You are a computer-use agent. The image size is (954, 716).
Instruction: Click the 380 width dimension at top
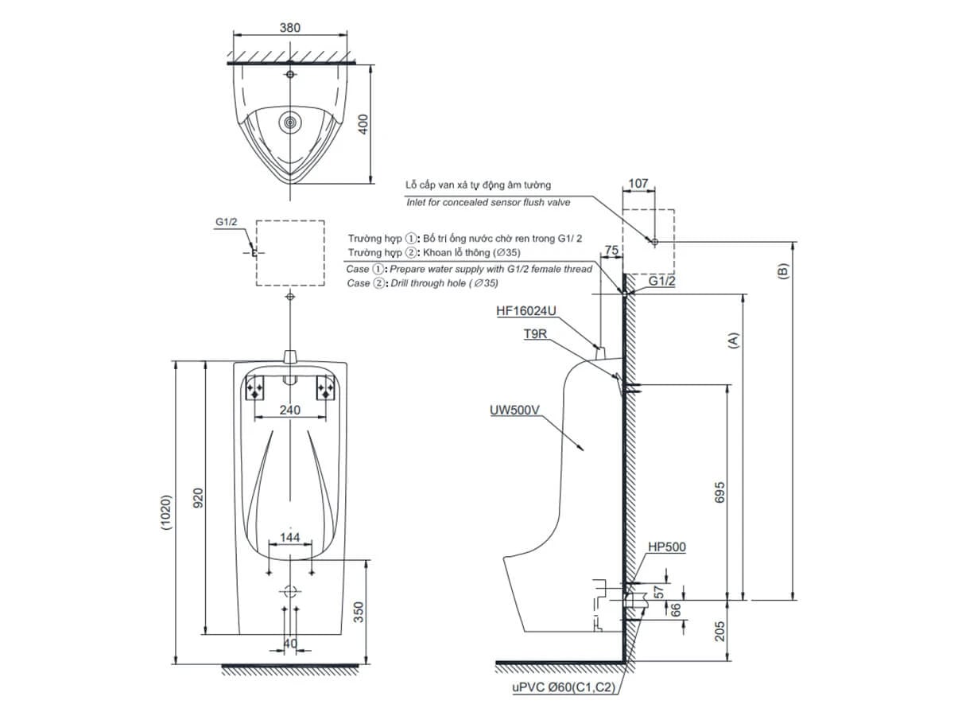tap(291, 27)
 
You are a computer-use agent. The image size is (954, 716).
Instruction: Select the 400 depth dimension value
tap(363, 124)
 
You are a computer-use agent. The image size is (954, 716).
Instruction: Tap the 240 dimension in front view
tap(291, 410)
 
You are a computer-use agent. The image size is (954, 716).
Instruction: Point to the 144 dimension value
tap(291, 538)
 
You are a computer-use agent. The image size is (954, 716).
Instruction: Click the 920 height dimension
tap(199, 498)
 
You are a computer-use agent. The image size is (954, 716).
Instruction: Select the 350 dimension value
tap(359, 611)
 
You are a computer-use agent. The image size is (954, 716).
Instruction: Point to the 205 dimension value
tap(719, 631)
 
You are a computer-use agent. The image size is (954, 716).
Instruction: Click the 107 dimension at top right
tap(638, 183)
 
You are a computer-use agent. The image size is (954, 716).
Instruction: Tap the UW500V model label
tap(516, 411)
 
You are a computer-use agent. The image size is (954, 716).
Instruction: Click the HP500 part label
tap(666, 547)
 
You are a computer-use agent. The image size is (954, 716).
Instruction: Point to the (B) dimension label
tap(783, 270)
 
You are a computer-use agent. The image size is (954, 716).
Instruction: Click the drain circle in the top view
tap(291, 123)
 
